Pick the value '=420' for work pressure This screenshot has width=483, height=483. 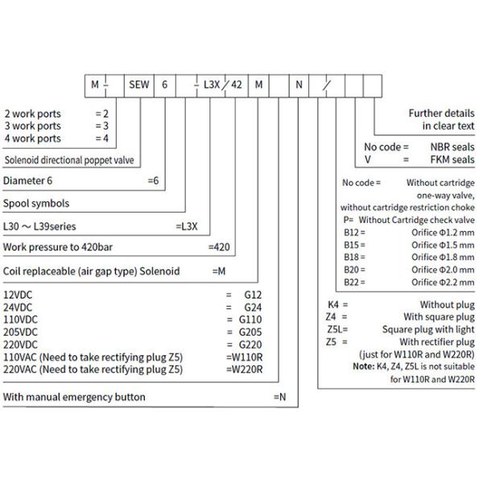point(221,246)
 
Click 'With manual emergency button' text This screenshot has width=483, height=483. point(74,397)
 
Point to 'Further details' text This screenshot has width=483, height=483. point(441,114)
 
